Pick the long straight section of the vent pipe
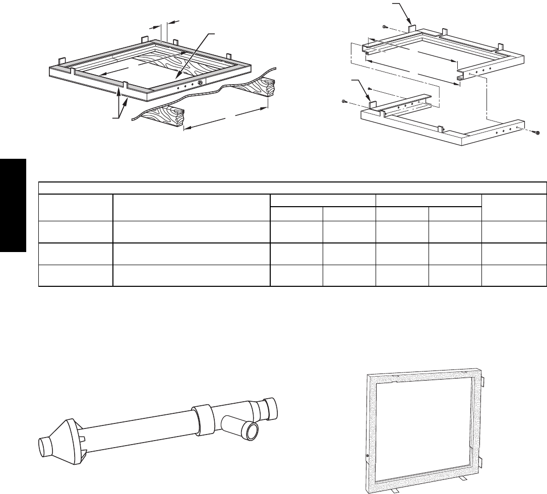[141, 428]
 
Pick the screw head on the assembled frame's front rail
[200, 83]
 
